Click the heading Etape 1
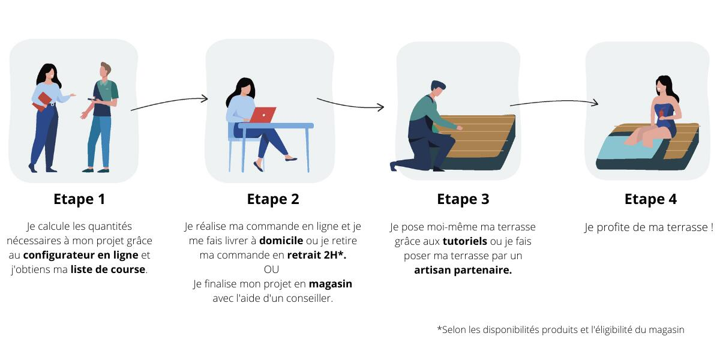pyautogui.click(x=79, y=199)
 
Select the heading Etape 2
pyautogui.click(x=273, y=199)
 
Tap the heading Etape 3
pyautogui.click(x=463, y=199)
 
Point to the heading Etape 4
pyautogui.click(x=650, y=199)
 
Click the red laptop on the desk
pyautogui.click(x=262, y=115)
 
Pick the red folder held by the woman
pyautogui.click(x=43, y=101)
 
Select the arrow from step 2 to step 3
pyautogui.click(x=350, y=104)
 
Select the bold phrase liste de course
pyautogui.click(x=108, y=269)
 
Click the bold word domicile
pyautogui.click(x=281, y=241)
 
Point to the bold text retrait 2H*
pyautogui.click(x=317, y=255)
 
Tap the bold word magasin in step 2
pyautogui.click(x=331, y=284)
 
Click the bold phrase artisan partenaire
pyautogui.click(x=463, y=270)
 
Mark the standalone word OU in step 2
pyautogui.click(x=271, y=269)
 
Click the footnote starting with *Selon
pyautogui.click(x=560, y=329)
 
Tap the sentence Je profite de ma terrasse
pyautogui.click(x=649, y=227)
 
